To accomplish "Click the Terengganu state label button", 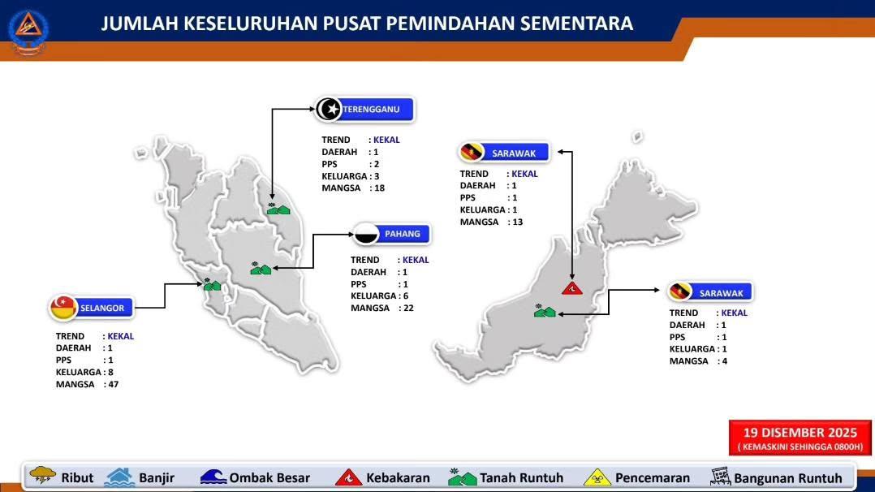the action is [x=365, y=110].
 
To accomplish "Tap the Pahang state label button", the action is [x=392, y=234].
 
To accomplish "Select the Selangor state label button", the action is [x=92, y=308].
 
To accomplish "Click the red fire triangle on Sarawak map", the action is [x=572, y=288].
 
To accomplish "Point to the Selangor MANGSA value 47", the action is [x=114, y=384].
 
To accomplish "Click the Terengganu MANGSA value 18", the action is [x=380, y=188].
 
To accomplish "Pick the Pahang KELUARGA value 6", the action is [x=406, y=296].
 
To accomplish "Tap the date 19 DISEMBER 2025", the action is [x=800, y=432].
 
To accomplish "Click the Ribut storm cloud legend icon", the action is [x=42, y=475].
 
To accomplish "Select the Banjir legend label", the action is [x=157, y=478].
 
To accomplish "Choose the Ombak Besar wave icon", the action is [x=213, y=477].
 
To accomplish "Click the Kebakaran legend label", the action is [x=398, y=478].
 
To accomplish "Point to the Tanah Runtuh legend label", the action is [x=522, y=478].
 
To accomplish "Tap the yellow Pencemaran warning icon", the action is [x=597, y=477].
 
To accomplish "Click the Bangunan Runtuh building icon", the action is [x=721, y=477].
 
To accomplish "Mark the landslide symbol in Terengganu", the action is [x=278, y=209].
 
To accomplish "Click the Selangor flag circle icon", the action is [x=63, y=308].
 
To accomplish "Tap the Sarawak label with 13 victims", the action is [x=504, y=153].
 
